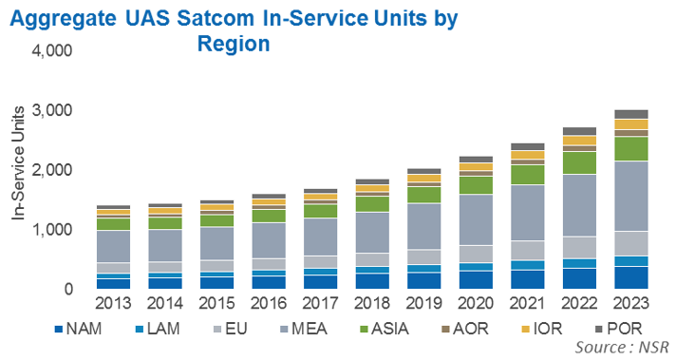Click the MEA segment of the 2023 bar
[x=631, y=197]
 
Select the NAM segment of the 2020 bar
[x=476, y=280]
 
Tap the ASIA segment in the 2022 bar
[x=579, y=163]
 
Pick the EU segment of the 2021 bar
[x=527, y=251]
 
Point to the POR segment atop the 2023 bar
[x=631, y=114]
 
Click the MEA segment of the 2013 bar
[x=113, y=247]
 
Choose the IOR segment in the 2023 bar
[x=631, y=124]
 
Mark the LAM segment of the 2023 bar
[x=631, y=261]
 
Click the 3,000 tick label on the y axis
[x=51, y=110]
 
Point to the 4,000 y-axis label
[x=51, y=50]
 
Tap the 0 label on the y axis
[x=68, y=289]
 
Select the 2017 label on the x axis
[x=320, y=303]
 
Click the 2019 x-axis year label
[x=423, y=303]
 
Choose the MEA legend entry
[x=303, y=329]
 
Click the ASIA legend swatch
[x=364, y=330]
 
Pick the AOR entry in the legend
[x=465, y=329]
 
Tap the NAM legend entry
[x=78, y=329]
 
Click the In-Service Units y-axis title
[x=18, y=163]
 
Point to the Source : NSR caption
[x=622, y=347]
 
